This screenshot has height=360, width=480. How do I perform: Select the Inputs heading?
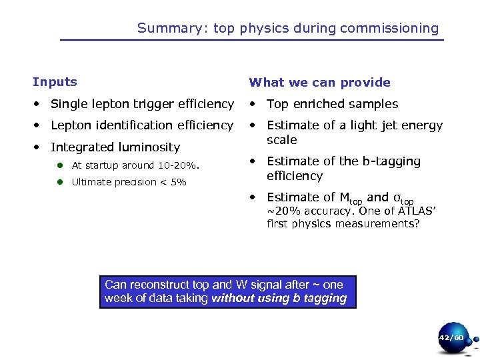[55, 82]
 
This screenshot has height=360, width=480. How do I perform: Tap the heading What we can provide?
[319, 83]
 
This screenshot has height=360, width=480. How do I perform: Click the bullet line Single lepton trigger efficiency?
[142, 104]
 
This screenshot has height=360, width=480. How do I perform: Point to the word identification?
[136, 125]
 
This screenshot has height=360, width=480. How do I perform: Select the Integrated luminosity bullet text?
[115, 147]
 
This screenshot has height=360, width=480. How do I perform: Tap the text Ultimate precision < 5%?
[129, 182]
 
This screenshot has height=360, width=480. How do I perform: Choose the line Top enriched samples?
[332, 104]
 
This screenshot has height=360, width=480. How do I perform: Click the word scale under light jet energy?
[281, 140]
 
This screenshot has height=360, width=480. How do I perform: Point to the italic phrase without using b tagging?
[279, 299]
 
